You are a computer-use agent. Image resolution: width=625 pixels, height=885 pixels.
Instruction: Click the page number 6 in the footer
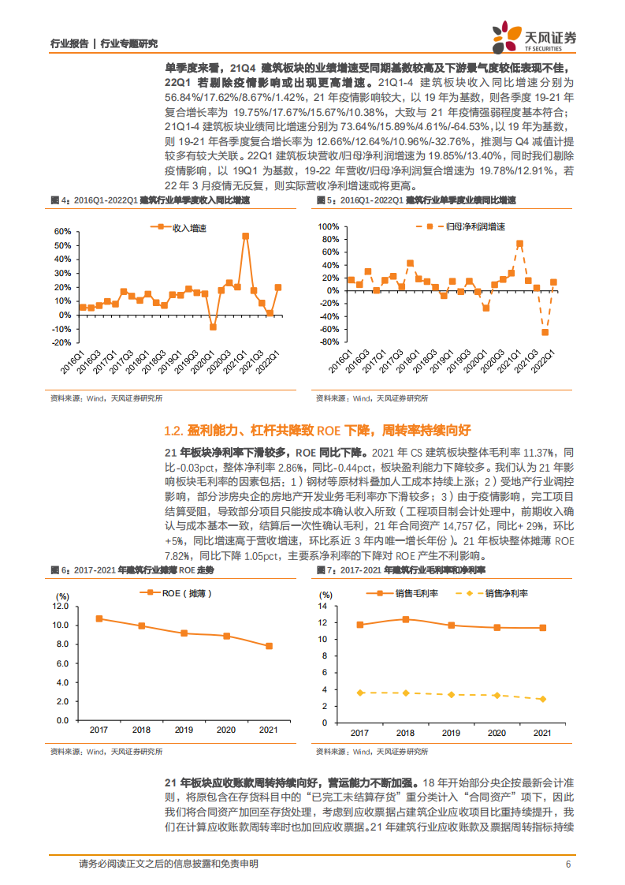click(567, 864)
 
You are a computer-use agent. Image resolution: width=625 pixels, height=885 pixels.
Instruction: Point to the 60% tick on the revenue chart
click(63, 233)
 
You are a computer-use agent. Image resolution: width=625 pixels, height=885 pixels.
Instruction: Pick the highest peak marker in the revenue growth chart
click(246, 236)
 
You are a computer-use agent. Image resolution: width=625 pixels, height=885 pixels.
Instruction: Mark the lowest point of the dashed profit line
click(545, 332)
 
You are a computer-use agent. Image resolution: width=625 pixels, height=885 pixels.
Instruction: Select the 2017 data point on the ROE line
click(99, 618)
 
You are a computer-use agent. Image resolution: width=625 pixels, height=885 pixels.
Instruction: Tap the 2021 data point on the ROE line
click(269, 646)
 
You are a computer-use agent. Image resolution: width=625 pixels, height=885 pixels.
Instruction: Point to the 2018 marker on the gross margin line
click(405, 619)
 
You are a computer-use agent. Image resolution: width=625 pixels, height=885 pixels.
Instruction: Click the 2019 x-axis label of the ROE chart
click(184, 730)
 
